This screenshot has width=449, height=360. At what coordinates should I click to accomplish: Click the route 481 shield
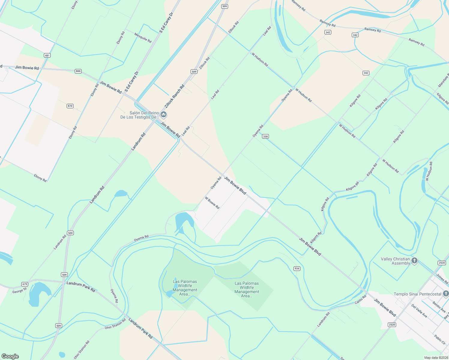tap(47, 55)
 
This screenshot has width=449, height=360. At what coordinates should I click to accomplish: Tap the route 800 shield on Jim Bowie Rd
tap(78, 71)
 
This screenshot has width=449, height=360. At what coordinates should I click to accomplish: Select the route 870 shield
tap(70, 106)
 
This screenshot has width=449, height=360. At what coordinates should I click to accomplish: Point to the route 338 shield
tap(265, 136)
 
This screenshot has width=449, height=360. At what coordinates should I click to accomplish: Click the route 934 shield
tap(297, 268)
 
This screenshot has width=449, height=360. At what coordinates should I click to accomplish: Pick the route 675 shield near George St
tap(25, 284)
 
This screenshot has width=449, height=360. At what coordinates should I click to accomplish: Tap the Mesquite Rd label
tap(143, 37)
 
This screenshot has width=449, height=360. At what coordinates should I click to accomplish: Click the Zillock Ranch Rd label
tap(174, 96)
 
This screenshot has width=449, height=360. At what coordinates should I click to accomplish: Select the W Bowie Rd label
tap(212, 203)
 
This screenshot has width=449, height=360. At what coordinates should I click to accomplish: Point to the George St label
tap(20, 290)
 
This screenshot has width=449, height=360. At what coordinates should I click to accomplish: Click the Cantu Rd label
tap(360, 299)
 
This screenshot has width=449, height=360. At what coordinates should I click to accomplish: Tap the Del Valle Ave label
tap(419, 311)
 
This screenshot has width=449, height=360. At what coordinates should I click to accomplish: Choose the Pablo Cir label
tap(440, 340)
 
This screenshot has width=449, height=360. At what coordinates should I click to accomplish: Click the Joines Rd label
tap(442, 279)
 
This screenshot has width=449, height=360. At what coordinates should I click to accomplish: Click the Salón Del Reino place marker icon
tap(164, 114)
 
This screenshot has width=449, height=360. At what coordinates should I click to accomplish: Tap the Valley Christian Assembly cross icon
tap(414, 260)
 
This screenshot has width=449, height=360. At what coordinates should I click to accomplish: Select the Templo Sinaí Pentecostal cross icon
tap(446, 293)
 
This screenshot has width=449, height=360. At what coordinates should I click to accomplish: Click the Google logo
tap(10, 356)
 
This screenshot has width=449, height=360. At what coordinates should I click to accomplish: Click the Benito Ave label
tap(439, 307)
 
